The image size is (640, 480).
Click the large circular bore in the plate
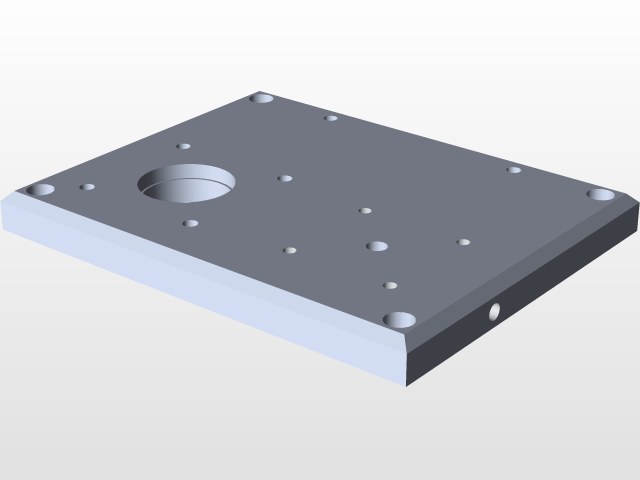pos(187,183)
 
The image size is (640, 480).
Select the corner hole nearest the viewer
pos(399,320)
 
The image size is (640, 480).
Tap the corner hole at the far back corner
pos(263,99)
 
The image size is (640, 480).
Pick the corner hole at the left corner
pos(41,189)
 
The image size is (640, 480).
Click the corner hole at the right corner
pos(600,194)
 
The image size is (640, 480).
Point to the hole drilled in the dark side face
pos(495,312)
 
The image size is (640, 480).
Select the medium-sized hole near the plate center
pos(377,246)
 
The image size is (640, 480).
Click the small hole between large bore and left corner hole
pos(88,186)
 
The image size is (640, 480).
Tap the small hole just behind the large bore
pos(184,146)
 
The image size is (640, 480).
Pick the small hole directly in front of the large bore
pos(190,223)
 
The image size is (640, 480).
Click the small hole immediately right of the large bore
pos(285,179)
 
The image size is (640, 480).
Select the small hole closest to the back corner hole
pos(331,118)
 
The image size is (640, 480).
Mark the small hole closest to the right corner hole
pos(514,170)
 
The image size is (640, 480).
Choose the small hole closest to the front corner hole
pos(390,286)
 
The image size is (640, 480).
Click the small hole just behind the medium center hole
pos(365,211)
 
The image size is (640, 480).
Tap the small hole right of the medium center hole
pos(463,242)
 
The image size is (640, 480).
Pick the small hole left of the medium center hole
pos(290,250)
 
